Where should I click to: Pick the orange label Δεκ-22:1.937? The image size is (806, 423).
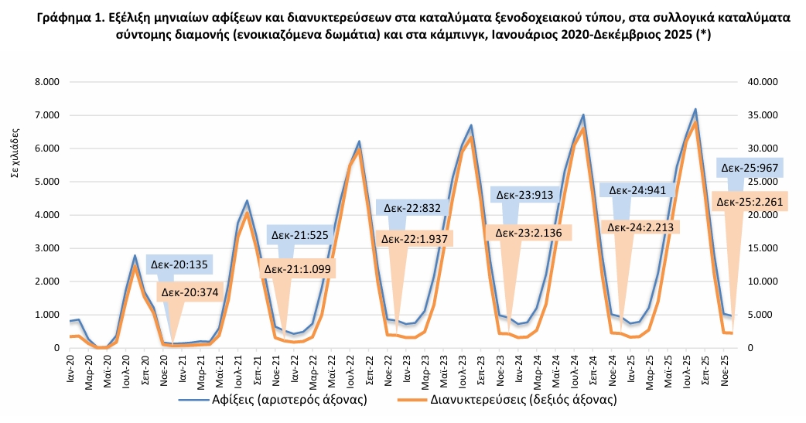(415, 238)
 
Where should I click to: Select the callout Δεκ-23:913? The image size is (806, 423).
(524, 195)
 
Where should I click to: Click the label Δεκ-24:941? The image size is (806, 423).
(639, 189)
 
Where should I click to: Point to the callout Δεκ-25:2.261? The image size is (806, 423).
(750, 202)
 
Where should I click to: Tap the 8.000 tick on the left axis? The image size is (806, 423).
(46, 82)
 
